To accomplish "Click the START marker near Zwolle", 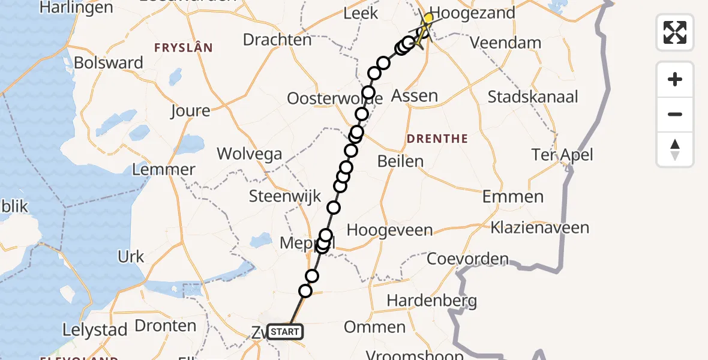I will (285, 332).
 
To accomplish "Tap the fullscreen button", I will (675, 32).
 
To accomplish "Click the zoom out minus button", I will (675, 114).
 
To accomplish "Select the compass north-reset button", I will (675, 149).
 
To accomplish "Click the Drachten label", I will (277, 40).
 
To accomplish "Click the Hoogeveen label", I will (389, 230).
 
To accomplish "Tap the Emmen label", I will (513, 196).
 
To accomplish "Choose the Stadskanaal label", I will (533, 97).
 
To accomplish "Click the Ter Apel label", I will (562, 155).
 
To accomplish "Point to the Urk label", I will (131, 257).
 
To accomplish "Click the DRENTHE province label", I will (437, 139).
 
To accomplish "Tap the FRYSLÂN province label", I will (183, 47).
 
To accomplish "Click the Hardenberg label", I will (432, 300).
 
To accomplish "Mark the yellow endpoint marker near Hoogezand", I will (428, 19).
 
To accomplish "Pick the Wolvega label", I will (249, 154).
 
